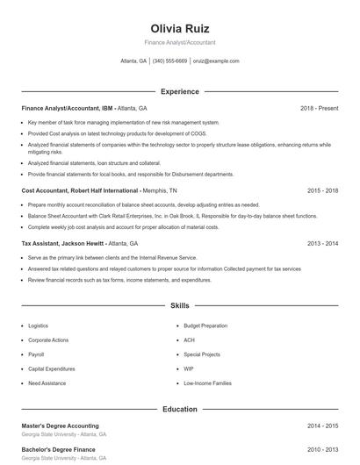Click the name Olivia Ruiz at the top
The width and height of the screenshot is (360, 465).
(x=180, y=28)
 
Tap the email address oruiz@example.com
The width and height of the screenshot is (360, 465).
(x=215, y=61)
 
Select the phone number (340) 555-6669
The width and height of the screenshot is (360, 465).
(x=169, y=61)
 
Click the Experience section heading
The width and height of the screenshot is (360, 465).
(x=180, y=91)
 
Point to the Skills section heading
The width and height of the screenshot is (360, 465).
(x=180, y=306)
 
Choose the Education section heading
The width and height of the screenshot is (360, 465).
(x=180, y=409)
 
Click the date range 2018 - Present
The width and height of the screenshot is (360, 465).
(x=319, y=108)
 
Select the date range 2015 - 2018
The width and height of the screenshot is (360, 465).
(x=323, y=190)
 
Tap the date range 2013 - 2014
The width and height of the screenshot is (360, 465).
(x=323, y=243)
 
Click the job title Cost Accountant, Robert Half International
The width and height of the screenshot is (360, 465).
(x=80, y=190)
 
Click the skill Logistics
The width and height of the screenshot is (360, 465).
(x=39, y=325)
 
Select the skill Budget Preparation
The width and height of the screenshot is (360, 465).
(x=205, y=325)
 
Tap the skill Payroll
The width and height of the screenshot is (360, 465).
(x=36, y=354)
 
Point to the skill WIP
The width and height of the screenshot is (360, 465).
(x=188, y=368)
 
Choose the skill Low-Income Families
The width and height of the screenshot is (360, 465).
(x=207, y=383)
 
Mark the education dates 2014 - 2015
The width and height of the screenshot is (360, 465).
(x=323, y=426)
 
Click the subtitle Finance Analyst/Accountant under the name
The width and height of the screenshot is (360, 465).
(x=180, y=42)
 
